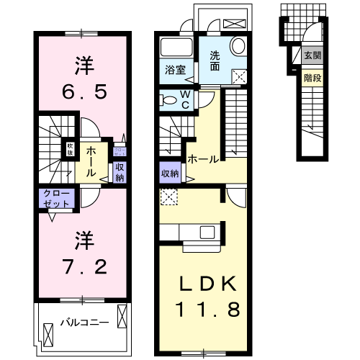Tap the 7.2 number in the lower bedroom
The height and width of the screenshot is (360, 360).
point(81,266)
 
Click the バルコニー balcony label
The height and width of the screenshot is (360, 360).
point(79,321)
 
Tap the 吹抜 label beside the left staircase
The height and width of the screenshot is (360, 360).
point(70,149)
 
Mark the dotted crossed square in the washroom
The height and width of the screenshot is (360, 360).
point(239,78)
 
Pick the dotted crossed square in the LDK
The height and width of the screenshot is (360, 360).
point(168,194)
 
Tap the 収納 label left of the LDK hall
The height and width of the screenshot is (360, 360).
point(170,173)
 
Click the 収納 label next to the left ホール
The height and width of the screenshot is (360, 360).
point(119,173)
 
